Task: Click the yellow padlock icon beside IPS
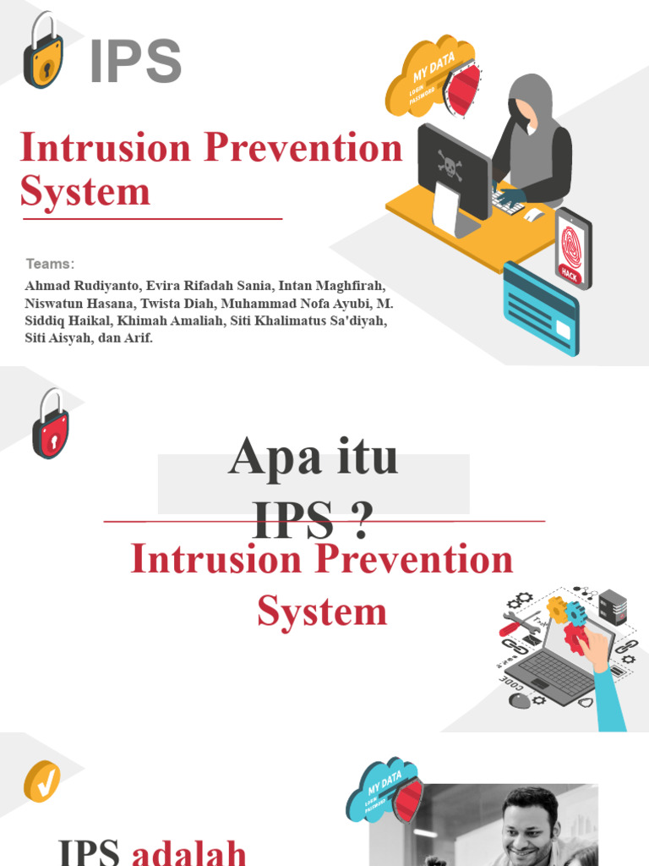(43, 52)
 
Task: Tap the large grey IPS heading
(135, 61)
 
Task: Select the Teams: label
(50, 264)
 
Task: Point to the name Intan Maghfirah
(335, 287)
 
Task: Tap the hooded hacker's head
(530, 101)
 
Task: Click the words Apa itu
(314, 458)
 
